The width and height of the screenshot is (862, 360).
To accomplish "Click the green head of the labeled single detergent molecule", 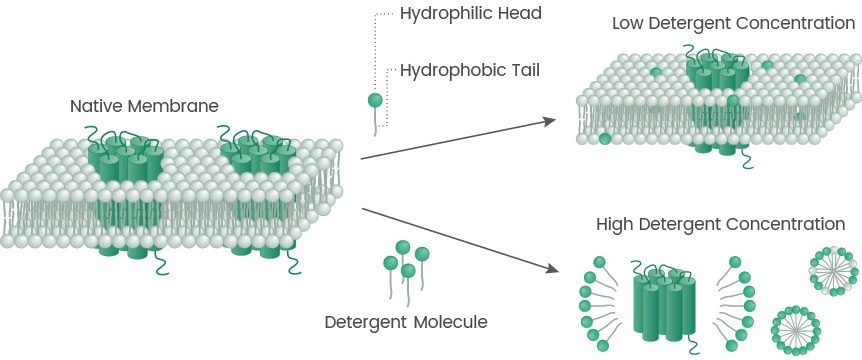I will pyautogui.click(x=375, y=100).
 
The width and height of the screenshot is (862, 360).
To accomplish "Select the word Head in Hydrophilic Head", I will pyautogui.click(x=519, y=14).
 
